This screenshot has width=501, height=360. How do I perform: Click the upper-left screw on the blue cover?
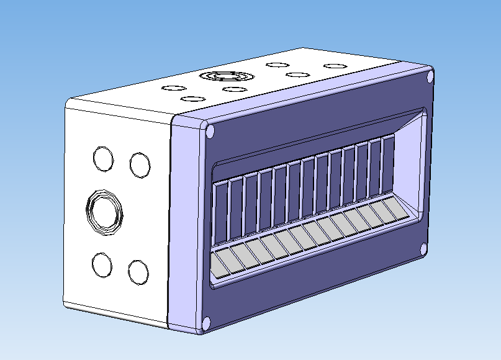click(x=210, y=132)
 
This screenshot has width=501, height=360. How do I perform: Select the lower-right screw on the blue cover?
click(x=423, y=249)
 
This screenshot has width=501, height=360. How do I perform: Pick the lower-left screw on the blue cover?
click(x=206, y=322)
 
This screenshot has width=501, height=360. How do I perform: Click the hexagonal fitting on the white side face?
click(x=104, y=212)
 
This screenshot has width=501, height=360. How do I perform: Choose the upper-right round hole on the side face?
click(x=140, y=164)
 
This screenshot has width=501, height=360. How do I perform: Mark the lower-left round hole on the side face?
click(x=102, y=265)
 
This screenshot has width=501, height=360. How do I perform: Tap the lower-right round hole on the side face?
click(x=138, y=272)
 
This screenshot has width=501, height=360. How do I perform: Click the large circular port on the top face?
click(x=226, y=76)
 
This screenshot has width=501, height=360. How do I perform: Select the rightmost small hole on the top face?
click(x=335, y=66)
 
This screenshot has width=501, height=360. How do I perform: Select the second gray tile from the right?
click(x=382, y=214)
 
